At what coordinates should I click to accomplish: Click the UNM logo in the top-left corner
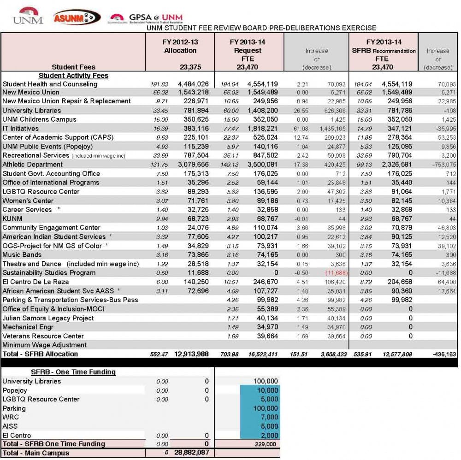point(28,16)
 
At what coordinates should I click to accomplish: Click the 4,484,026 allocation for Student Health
point(193,84)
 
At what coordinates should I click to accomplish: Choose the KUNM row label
point(12,218)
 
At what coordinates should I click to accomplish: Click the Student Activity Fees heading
point(73,76)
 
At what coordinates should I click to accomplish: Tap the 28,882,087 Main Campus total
point(191,453)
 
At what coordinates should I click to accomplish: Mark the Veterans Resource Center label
point(43,336)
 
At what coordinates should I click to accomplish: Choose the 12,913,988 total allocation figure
point(191,354)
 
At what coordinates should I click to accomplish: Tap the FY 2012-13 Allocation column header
point(180,46)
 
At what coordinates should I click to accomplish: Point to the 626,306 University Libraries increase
point(328,111)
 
